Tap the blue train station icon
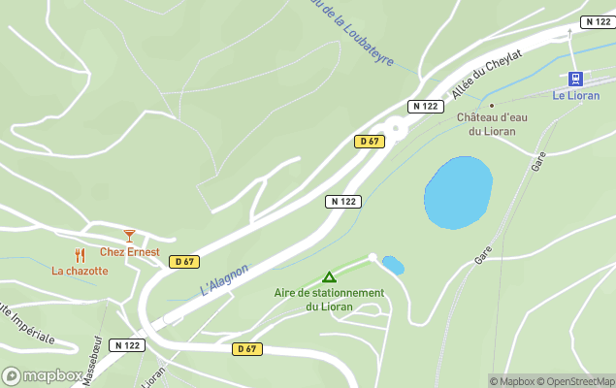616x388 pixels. tap(575, 79)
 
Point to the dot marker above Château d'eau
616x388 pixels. tap(492, 105)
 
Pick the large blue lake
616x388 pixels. tap(458, 192)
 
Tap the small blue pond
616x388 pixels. tap(393, 265)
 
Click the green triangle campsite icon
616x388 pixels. tap(329, 277)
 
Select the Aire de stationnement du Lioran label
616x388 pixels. tap(329, 299)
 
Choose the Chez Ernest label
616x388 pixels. tap(129, 252)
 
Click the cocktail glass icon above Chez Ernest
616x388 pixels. tap(129, 236)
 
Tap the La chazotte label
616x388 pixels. tap(80, 272)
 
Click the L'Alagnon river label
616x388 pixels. tap(224, 279)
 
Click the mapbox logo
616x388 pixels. tap(43, 375)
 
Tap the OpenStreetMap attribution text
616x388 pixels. tap(575, 381)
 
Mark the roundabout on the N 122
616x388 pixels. tap(396, 127)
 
